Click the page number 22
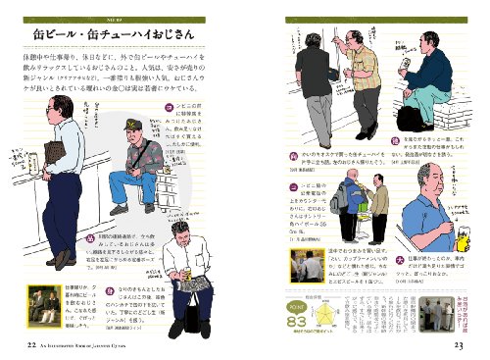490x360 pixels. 33,343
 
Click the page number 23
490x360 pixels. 457,343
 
